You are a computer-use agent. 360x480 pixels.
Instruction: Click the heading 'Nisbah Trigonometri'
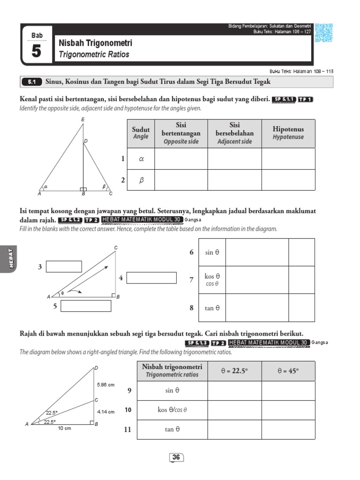pyautogui.click(x=96, y=43)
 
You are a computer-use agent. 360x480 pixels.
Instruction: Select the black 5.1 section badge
pyautogui.click(x=31, y=82)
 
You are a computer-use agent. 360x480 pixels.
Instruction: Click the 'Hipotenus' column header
pyautogui.click(x=288, y=133)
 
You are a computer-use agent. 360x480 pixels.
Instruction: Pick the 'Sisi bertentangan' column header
pyautogui.click(x=180, y=133)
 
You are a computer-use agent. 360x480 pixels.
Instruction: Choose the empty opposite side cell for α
pyautogui.click(x=180, y=159)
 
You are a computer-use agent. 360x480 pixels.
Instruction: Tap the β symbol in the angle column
pyautogui.click(x=141, y=180)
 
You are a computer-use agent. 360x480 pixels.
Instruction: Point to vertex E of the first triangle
pyautogui.click(x=83, y=120)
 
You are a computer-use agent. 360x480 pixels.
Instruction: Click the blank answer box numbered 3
pyautogui.click(x=64, y=267)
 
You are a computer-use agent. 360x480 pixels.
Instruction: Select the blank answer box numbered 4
pyautogui.click(x=151, y=278)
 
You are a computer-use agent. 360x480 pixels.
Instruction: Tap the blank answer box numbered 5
pyautogui.click(x=86, y=306)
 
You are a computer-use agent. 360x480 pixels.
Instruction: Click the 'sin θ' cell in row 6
pyautogui.click(x=216, y=252)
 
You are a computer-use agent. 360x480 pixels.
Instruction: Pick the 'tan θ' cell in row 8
pyautogui.click(x=216, y=308)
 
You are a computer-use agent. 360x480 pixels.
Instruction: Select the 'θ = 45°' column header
pyautogui.click(x=288, y=371)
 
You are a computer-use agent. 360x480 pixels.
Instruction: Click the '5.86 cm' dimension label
pyautogui.click(x=106, y=385)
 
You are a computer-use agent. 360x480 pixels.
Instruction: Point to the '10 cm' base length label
pyautogui.click(x=64, y=428)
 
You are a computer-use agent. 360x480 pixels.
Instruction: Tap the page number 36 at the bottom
pyautogui.click(x=176, y=457)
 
